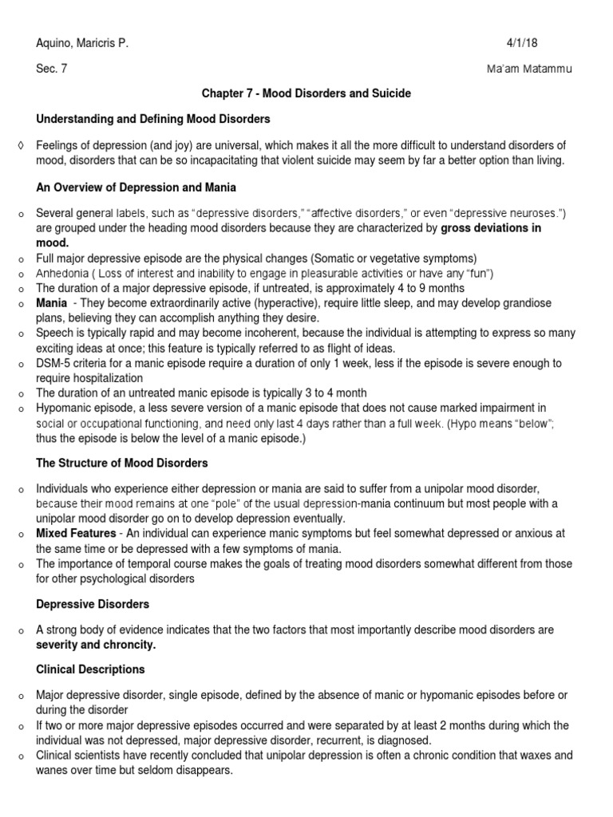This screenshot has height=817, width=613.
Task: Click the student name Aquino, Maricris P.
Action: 82,44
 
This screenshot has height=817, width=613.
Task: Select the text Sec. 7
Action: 52,69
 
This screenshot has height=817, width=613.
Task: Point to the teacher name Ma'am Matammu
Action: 529,69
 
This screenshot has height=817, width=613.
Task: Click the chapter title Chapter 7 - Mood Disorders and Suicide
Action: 306,93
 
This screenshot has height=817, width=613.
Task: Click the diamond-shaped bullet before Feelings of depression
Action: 19,144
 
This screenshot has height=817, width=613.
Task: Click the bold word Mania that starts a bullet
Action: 51,304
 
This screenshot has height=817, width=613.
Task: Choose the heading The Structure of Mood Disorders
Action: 121,463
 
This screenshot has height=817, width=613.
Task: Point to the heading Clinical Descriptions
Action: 90,669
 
